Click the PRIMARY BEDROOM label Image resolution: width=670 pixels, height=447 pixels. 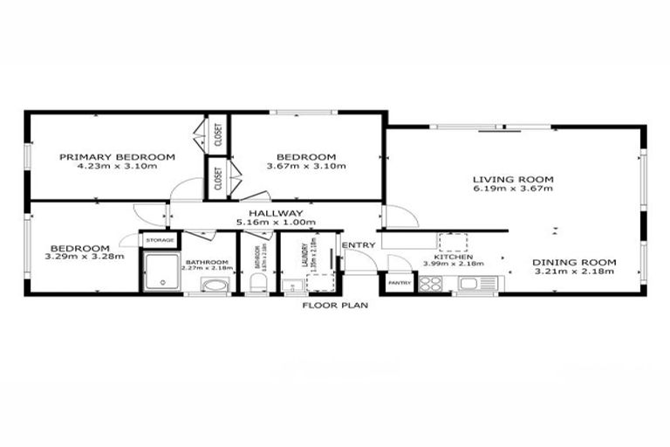pyautogui.click(x=117, y=157)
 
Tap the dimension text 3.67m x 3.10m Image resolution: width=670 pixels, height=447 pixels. pyautogui.click(x=305, y=167)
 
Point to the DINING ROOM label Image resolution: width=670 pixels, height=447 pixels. pyautogui.click(x=574, y=262)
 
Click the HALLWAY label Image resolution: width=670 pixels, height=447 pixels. pyautogui.click(x=276, y=213)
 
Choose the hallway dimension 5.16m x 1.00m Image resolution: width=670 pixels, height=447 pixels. pyautogui.click(x=276, y=223)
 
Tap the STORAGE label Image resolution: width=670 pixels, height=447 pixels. pyautogui.click(x=160, y=239)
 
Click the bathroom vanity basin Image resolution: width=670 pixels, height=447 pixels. pyautogui.click(x=213, y=285)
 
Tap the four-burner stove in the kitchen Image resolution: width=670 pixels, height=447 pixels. pyautogui.click(x=431, y=283)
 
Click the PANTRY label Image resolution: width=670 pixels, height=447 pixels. pyautogui.click(x=400, y=283)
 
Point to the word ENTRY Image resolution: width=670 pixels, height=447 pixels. pyautogui.click(x=358, y=245)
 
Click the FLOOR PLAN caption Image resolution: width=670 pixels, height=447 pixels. pyautogui.click(x=335, y=306)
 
